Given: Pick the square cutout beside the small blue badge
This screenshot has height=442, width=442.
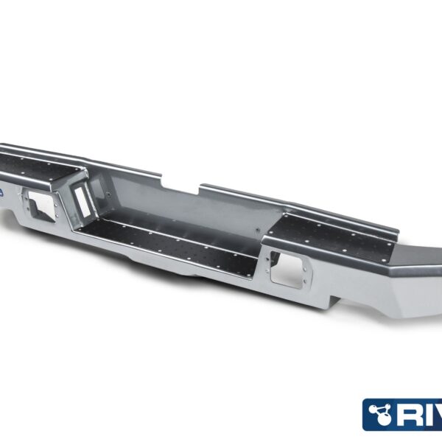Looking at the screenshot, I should coord(38,203).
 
